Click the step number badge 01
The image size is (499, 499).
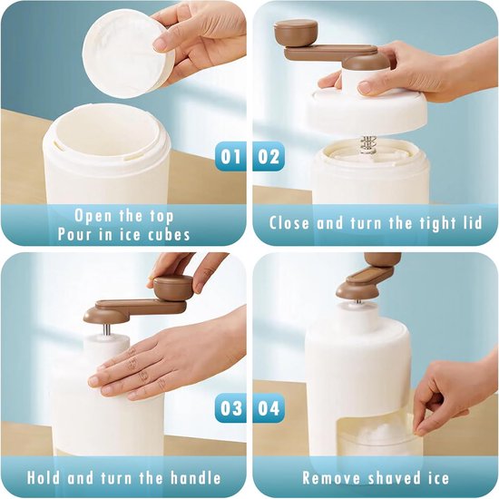(230, 156)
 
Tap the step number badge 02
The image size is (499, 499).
(269, 156)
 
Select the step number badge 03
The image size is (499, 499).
(230, 407)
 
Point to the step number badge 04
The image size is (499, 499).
(269, 407)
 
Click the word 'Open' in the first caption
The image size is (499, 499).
(93, 217)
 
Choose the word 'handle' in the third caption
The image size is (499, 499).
(196, 477)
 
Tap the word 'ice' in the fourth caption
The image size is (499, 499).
(436, 477)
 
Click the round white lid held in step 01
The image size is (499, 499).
(127, 54)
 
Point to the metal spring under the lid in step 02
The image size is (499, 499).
(367, 145)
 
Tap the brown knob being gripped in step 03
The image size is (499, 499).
(172, 288)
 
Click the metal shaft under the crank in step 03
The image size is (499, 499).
(108, 328)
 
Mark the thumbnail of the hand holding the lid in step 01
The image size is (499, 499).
(160, 44)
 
